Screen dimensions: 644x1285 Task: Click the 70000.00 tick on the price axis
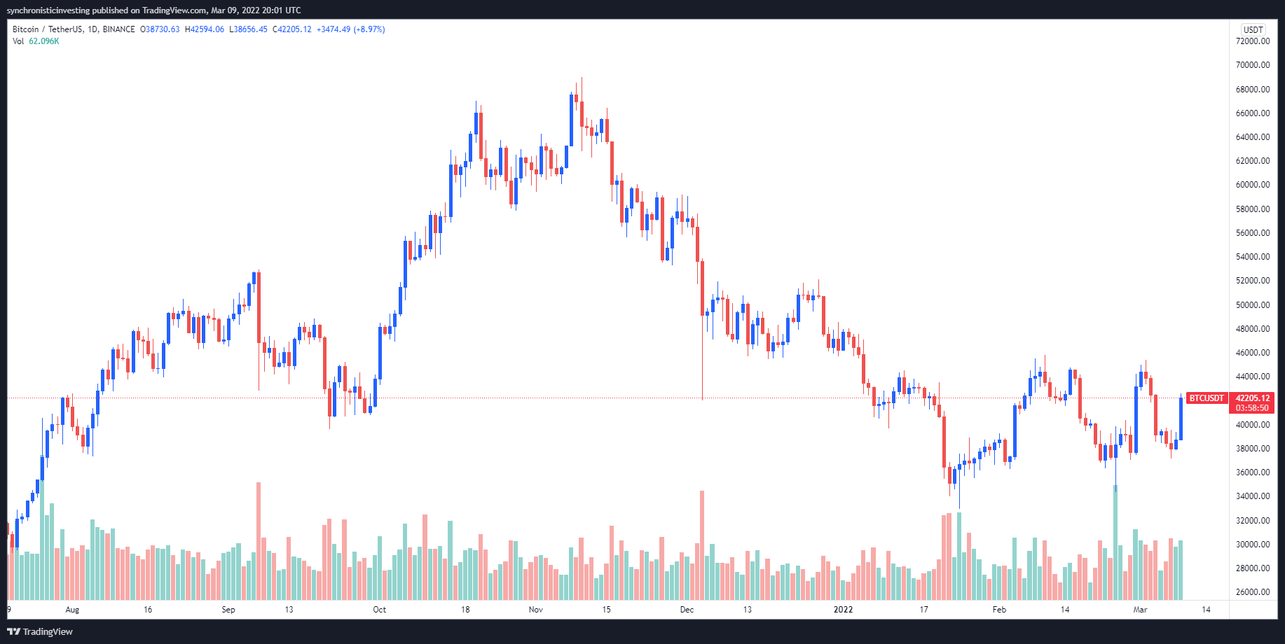tap(1253, 65)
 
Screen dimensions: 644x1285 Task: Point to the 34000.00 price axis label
tap(1253, 496)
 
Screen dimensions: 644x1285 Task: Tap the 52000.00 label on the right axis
tap(1253, 281)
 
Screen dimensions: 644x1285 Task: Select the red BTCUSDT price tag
tap(1206, 398)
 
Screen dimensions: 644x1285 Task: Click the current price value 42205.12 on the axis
tap(1252, 398)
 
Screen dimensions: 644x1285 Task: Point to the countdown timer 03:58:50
tap(1252, 408)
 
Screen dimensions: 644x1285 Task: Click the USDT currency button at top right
tap(1253, 29)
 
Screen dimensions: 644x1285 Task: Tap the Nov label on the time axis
tap(536, 610)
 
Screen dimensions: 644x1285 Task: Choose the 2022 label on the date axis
tap(843, 610)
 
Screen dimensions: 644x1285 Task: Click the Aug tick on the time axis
tap(72, 610)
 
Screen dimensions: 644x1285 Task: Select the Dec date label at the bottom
tap(687, 610)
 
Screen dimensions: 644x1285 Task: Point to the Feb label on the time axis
tap(999, 610)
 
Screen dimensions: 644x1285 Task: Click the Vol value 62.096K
tap(44, 41)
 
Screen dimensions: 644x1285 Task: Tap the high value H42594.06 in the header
tap(205, 29)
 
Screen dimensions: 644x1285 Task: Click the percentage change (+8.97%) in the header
tap(369, 29)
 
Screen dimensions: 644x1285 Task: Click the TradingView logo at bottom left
tap(40, 631)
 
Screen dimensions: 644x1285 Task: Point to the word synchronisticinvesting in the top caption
tap(48, 10)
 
